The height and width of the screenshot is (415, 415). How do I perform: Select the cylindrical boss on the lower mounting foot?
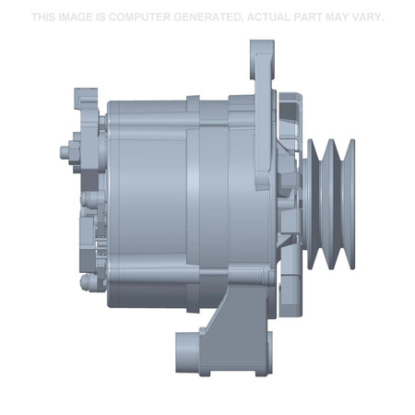coord(188,350)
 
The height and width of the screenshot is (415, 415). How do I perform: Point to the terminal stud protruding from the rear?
coord(63,150)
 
